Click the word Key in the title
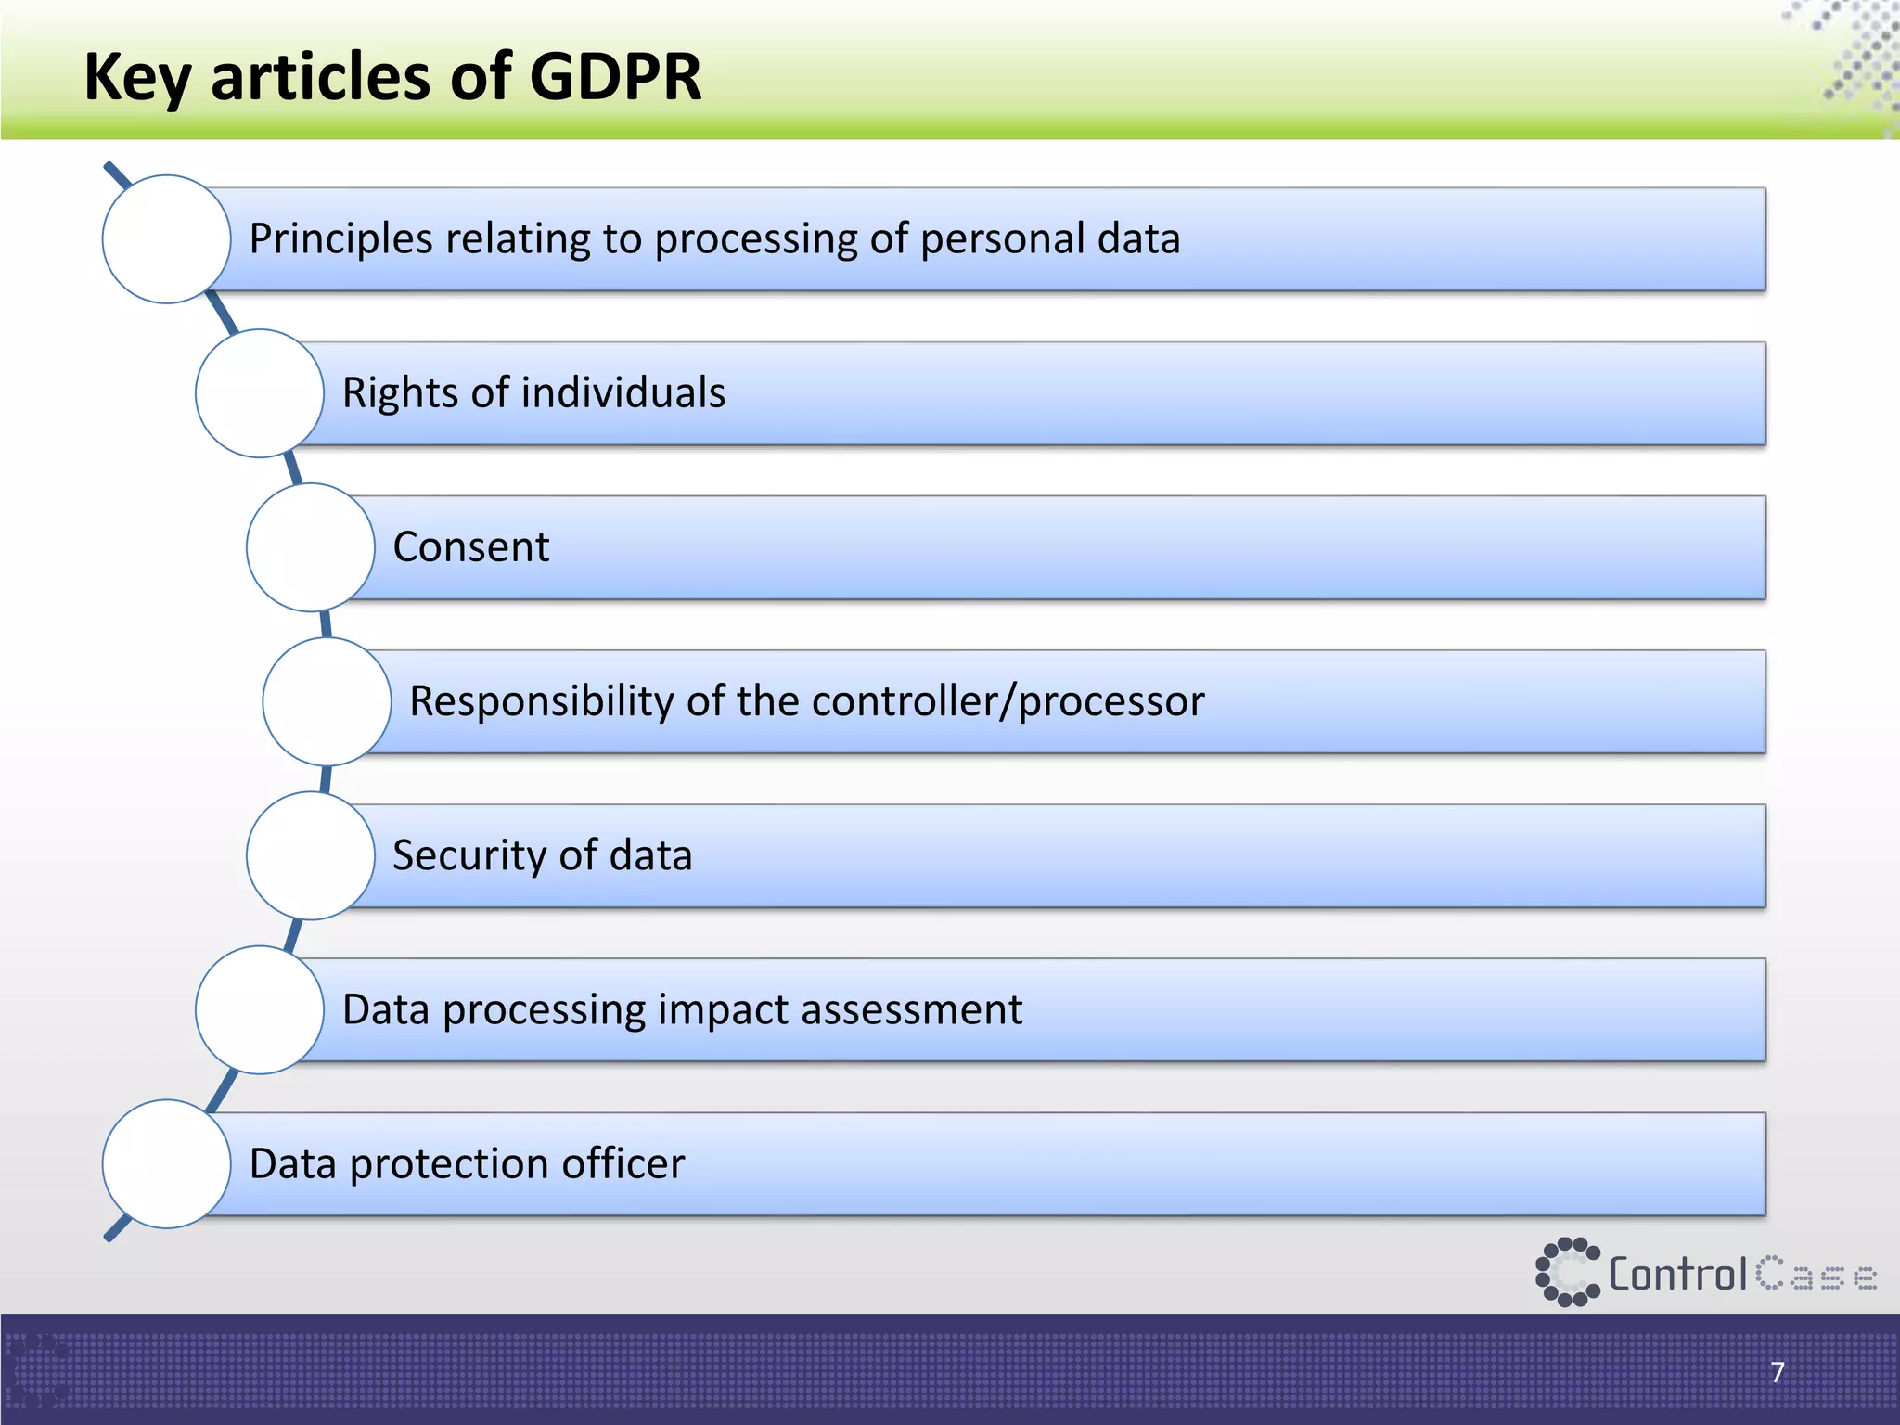137,78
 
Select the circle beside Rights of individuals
260,393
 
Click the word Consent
470,547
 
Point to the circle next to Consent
311,547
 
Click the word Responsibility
541,701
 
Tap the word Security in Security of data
469,855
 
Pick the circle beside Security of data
311,855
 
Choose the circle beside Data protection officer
166,1164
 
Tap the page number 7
1778,1372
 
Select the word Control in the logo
1678,1275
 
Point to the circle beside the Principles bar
166,239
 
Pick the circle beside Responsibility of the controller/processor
327,701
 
